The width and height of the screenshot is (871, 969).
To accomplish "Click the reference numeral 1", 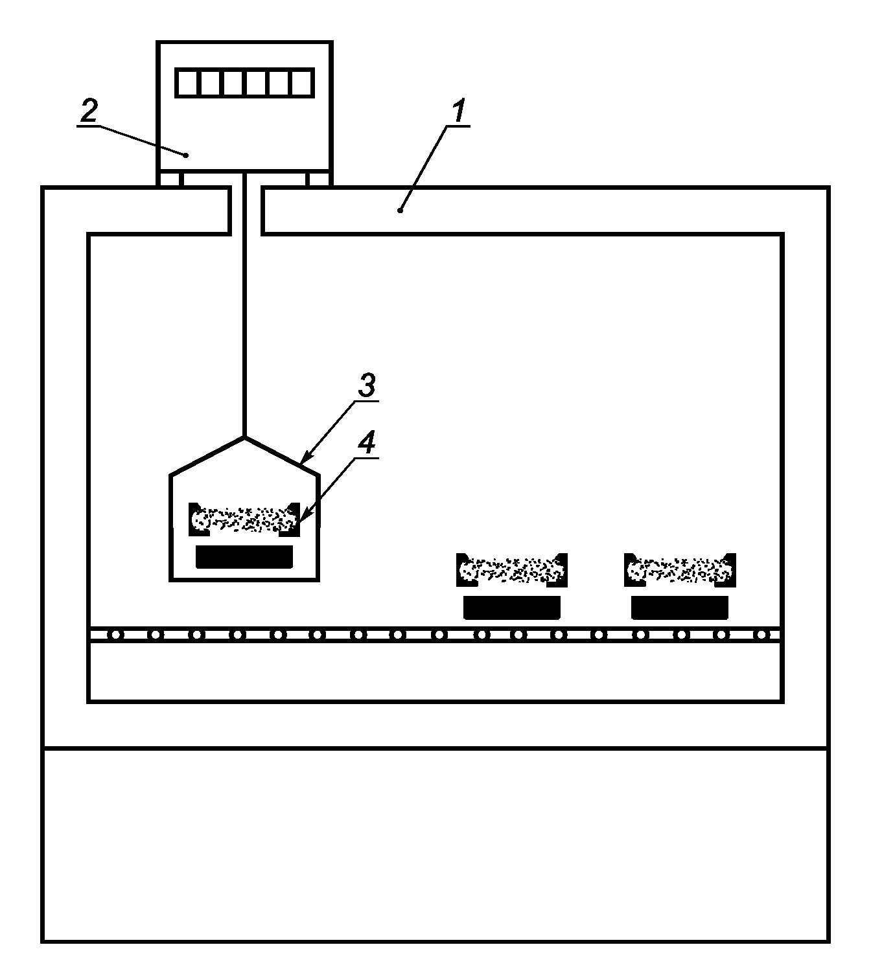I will pos(458,111).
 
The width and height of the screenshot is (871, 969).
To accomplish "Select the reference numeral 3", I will pos(366,387).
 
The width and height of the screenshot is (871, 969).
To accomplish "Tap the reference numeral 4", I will pos(367,444).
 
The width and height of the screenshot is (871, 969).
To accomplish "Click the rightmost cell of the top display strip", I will pos(301,83).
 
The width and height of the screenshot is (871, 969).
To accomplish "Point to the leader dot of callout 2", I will pos(186,155).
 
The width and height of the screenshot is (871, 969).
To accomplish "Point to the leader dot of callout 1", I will pos(401,210).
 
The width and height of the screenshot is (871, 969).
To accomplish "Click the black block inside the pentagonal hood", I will pos(244,556).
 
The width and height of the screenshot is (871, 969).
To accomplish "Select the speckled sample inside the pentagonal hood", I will pos(244,519).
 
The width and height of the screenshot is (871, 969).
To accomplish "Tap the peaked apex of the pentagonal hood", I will pos(244,437).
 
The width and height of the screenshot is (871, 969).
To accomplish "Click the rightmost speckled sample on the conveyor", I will pos(680,569).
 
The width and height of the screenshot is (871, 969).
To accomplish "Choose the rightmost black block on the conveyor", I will pos(680,608).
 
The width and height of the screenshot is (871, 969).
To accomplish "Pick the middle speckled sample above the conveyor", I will pos(512,569).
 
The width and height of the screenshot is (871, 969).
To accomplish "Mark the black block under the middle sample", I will pos(512,608).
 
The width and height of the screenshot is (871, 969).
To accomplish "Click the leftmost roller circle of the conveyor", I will pos(115,635).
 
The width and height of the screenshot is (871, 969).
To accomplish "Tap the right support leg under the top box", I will pos(319,179).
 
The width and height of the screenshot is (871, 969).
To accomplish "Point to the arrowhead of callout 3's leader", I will pos(303,462).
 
